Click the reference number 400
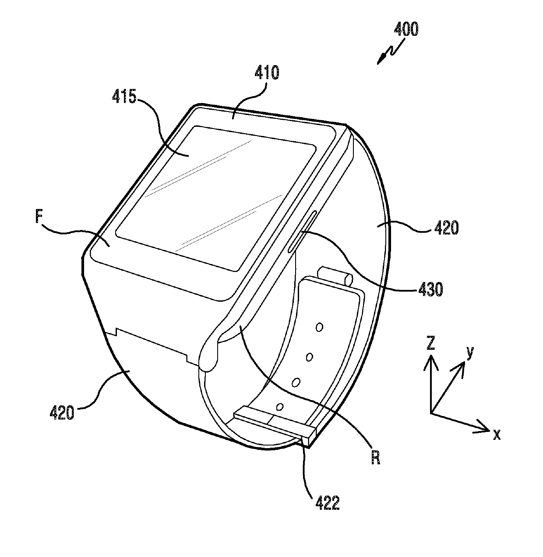(x=405, y=29)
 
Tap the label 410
(x=266, y=72)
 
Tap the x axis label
(x=497, y=435)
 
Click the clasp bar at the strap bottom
(x=274, y=423)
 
